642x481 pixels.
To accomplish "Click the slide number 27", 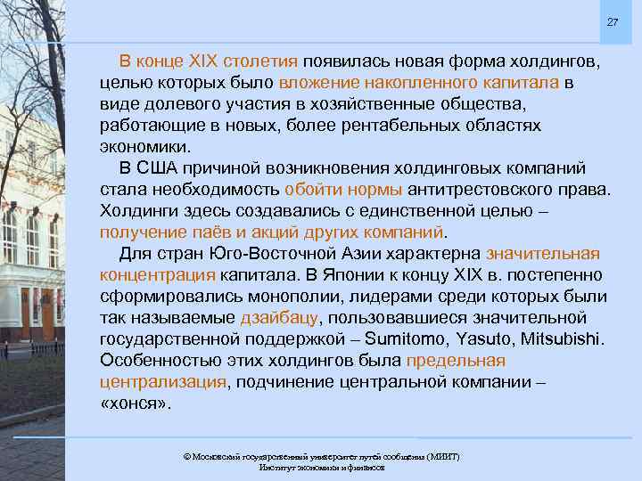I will coord(613,21).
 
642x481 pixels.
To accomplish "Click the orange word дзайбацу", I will coord(276,317).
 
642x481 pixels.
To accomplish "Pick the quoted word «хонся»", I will coord(133,403).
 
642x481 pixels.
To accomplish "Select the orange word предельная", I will coord(455,360).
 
